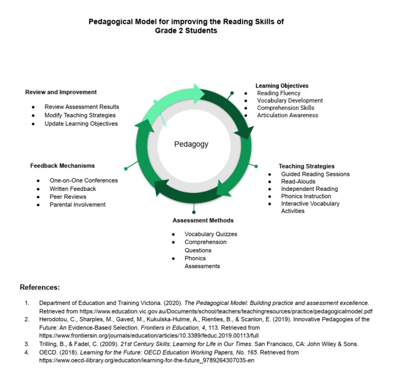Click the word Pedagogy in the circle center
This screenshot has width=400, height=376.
(191, 144)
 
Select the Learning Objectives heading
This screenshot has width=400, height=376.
(282, 86)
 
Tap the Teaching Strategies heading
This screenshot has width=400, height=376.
(306, 166)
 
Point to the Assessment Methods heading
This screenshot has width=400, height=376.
(203, 220)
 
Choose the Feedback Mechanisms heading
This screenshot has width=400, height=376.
(63, 165)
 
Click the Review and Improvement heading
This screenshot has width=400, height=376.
(61, 92)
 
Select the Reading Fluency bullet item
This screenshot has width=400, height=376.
(279, 93)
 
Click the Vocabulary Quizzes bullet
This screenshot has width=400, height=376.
(210, 234)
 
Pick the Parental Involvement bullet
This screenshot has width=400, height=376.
(78, 204)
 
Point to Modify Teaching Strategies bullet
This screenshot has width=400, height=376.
(80, 115)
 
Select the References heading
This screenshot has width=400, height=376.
(40, 287)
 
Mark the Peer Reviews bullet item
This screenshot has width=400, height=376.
(68, 197)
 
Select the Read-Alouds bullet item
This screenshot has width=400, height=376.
(298, 181)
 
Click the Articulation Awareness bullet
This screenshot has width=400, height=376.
(287, 115)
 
